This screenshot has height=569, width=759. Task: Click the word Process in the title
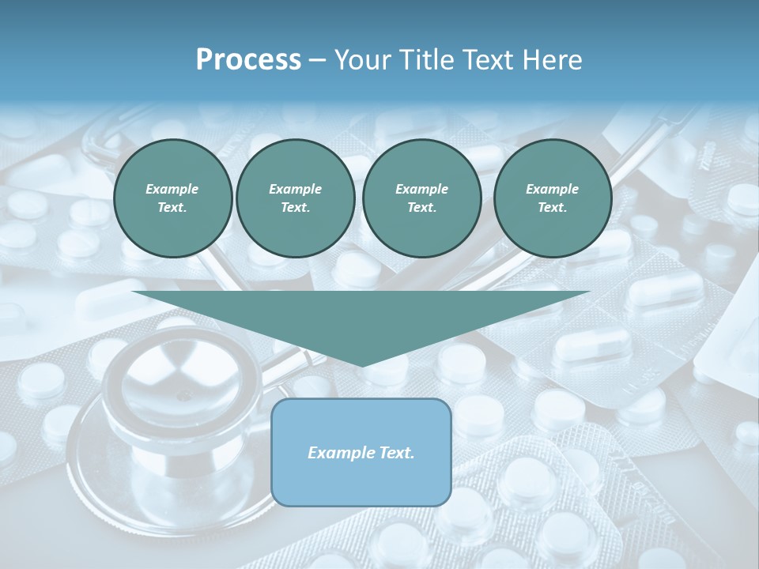pyautogui.click(x=248, y=60)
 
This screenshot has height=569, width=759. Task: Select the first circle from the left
pyautogui.click(x=172, y=198)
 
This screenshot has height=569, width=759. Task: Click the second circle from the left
pyautogui.click(x=295, y=198)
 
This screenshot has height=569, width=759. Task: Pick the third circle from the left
pyautogui.click(x=421, y=198)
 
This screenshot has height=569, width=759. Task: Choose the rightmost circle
pyautogui.click(x=552, y=198)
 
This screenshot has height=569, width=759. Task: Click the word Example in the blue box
pyautogui.click(x=339, y=453)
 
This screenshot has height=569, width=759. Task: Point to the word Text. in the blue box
pyautogui.click(x=395, y=453)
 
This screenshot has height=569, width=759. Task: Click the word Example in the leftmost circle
pyautogui.click(x=172, y=189)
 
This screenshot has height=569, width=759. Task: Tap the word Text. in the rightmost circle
pyautogui.click(x=552, y=208)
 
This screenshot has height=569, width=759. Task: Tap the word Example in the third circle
pyautogui.click(x=421, y=189)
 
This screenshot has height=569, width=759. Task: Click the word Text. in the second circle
pyautogui.click(x=295, y=208)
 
